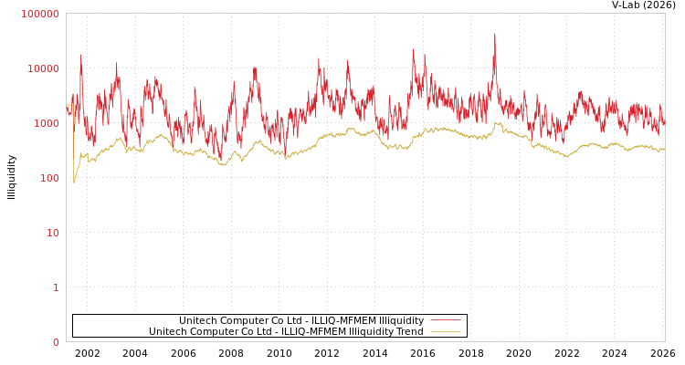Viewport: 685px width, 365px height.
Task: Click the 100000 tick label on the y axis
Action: [40, 14]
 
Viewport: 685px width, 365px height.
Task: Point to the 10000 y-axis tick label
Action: [43, 68]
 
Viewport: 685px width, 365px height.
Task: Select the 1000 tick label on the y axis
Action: [46, 123]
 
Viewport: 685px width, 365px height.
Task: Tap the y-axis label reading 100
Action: [48, 178]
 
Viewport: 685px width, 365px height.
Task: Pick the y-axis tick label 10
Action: [53, 233]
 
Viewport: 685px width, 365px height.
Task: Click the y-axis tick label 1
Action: [56, 287]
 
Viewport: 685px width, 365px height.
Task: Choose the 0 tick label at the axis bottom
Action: [56, 342]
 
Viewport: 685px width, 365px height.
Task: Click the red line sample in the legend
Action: [445, 321]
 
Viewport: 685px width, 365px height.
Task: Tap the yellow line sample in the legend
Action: [445, 332]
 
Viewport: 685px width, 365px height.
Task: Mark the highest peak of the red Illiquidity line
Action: [495, 35]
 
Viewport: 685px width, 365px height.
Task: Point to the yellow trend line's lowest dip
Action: [74, 182]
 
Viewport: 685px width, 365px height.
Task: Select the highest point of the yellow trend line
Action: [497, 122]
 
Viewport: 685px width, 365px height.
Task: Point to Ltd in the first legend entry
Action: [293, 321]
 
